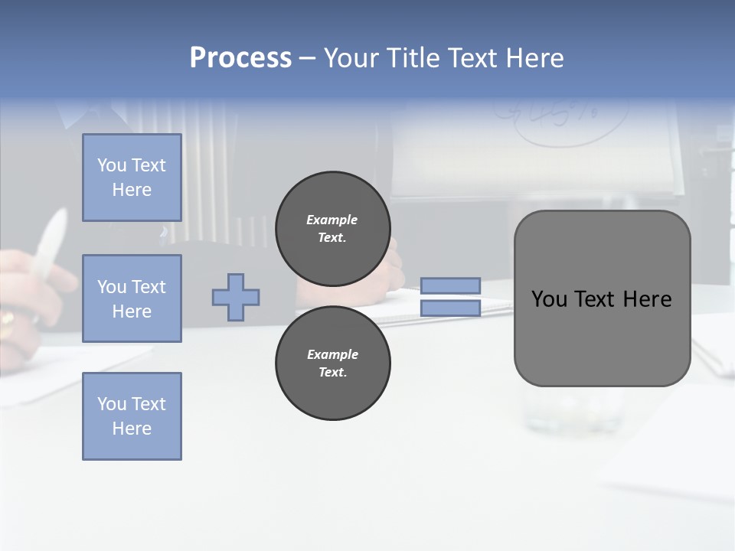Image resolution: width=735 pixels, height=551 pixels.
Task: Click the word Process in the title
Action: [240, 57]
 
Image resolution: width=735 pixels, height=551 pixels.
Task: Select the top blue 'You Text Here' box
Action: [132, 178]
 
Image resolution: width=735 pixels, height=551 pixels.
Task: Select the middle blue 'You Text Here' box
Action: [132, 298]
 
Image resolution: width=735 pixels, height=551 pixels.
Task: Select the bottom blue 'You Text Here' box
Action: [132, 416]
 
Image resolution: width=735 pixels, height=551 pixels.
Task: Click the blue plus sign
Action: [236, 297]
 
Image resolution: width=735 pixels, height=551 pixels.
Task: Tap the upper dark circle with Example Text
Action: [333, 229]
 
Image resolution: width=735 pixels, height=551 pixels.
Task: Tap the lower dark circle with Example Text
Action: [333, 363]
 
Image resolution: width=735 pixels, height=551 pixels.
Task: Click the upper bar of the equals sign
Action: [450, 286]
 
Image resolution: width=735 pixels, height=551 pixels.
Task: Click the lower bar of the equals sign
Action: [450, 308]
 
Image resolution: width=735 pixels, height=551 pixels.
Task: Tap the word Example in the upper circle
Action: [332, 220]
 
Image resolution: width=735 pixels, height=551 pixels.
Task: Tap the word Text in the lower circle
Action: [332, 372]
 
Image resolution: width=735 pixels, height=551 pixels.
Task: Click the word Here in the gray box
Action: [647, 299]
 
